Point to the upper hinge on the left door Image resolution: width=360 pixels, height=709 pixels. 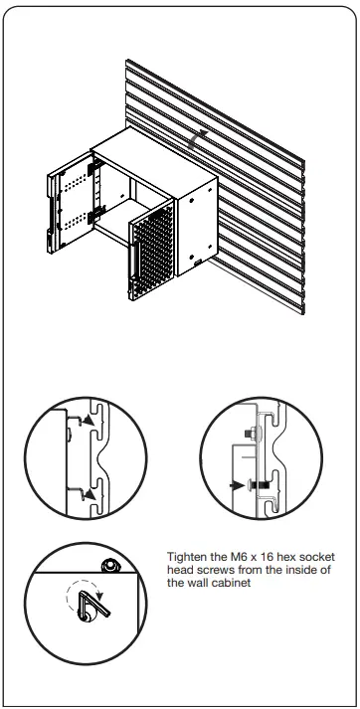98,170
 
